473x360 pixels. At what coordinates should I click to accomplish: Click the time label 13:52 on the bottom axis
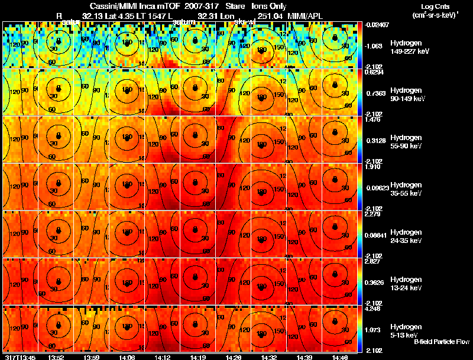[56, 357]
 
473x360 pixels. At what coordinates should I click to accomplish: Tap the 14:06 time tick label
[126, 357]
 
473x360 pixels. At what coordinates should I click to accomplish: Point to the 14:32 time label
[262, 357]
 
